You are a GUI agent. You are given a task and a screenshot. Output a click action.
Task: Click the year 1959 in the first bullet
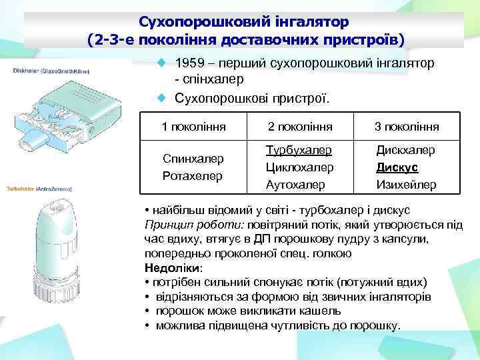coord(189,63)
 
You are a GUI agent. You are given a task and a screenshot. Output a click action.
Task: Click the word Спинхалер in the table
coord(193,159)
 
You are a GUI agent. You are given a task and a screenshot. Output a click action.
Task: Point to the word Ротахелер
coord(193,175)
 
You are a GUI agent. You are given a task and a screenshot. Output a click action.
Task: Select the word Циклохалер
coord(299,167)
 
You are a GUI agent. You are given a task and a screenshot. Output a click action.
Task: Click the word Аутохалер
coord(296,184)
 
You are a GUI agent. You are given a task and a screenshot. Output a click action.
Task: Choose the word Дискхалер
coord(405,150)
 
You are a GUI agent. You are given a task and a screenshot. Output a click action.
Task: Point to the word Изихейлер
coord(406,184)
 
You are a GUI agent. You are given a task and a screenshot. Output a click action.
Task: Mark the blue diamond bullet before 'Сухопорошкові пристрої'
coord(160,98)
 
